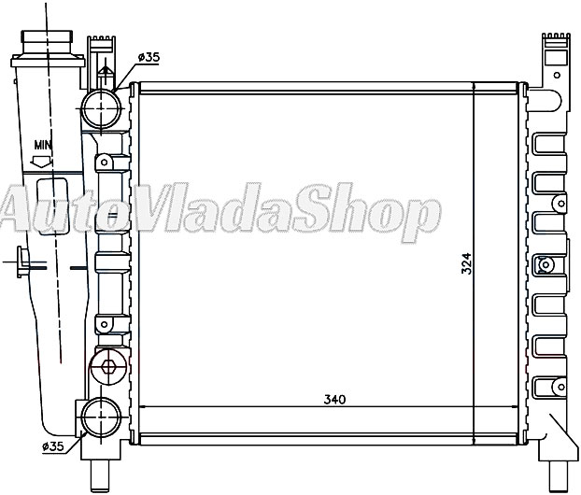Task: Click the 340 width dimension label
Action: (333, 401)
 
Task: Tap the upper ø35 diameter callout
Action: (149, 57)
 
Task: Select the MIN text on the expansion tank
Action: (43, 145)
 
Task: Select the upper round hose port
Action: (101, 109)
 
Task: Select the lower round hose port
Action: (101, 417)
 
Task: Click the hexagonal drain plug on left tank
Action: (107, 367)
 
